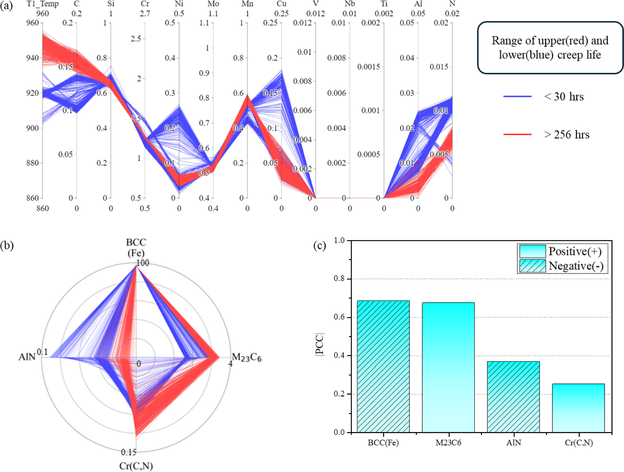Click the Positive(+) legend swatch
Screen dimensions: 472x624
coord(532,251)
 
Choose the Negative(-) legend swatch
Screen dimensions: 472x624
coord(532,266)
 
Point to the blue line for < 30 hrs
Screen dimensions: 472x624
coord(517,97)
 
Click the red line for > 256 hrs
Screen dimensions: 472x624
coord(517,135)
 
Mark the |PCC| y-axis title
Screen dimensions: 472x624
coord(320,344)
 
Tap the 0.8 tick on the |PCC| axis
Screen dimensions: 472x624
coord(339,279)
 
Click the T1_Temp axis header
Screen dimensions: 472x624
coord(43,4)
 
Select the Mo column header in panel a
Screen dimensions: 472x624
coord(213,4)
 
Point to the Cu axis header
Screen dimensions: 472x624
coord(282,4)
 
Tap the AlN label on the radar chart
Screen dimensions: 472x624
coord(27,357)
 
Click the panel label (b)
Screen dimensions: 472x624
coord(7,246)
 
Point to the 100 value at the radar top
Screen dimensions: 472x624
coord(143,263)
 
